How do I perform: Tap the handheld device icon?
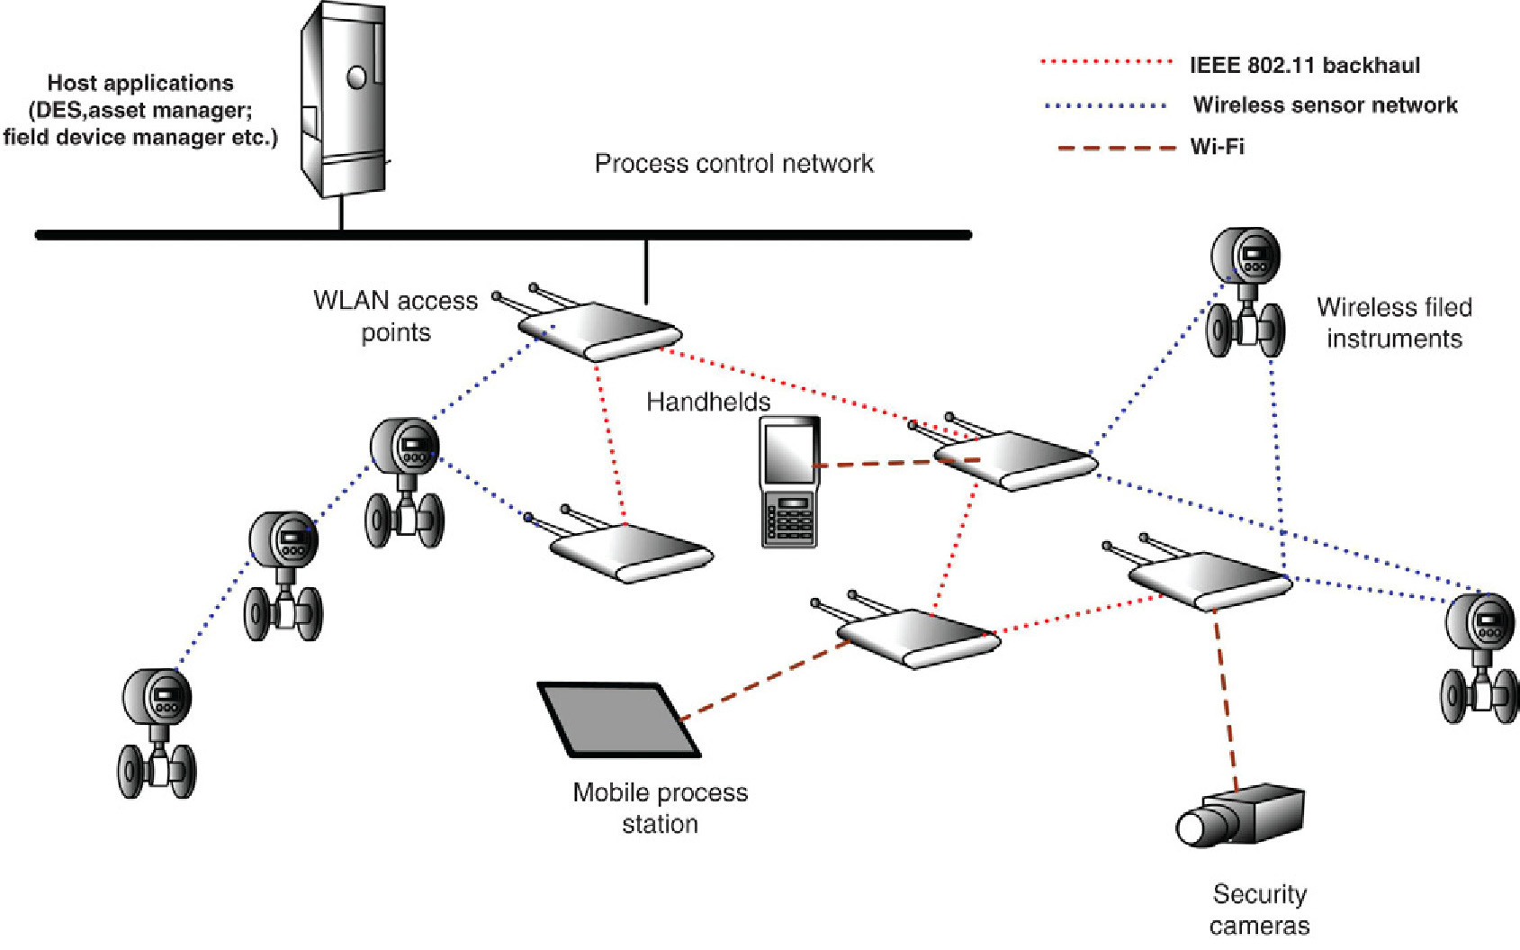(789, 481)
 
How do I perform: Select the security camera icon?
(1241, 816)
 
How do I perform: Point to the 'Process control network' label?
(733, 163)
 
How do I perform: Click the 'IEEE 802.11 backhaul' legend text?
(1304, 65)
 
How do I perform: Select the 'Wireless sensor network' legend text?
(1325, 104)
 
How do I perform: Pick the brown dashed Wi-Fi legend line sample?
(1116, 147)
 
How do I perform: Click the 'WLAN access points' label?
(395, 316)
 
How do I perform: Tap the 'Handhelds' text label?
(708, 402)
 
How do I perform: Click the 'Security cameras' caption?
(1259, 909)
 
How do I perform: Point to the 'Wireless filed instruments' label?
(1394, 322)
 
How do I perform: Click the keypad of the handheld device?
(789, 520)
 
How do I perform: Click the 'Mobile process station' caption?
(660, 808)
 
